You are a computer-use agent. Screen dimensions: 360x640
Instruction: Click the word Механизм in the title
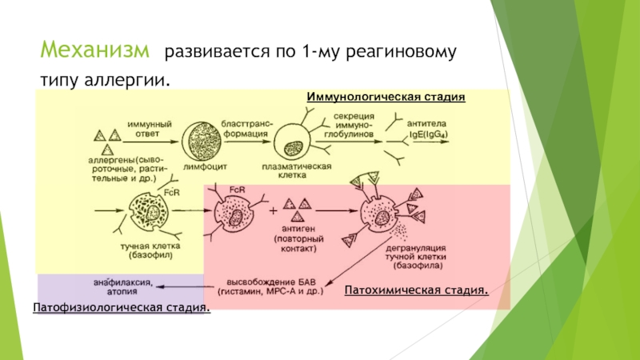coord(95,52)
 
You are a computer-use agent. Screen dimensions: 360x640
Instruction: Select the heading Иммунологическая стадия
coord(386,96)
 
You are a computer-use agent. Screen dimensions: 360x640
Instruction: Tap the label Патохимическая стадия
coord(417,288)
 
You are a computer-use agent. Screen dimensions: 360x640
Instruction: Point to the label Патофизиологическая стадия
coord(122,307)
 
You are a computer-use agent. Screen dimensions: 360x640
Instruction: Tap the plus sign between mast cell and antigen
coord(274,212)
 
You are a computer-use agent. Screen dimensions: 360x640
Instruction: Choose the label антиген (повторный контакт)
coord(298,238)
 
